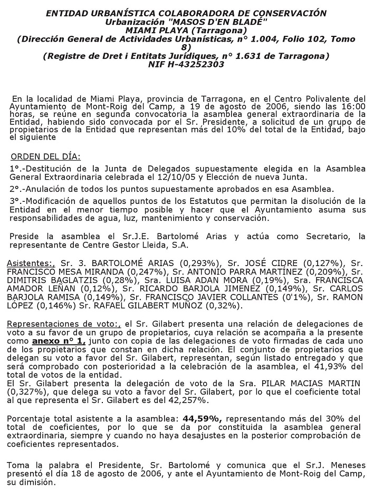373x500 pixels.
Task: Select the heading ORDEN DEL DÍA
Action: tap(46, 156)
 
